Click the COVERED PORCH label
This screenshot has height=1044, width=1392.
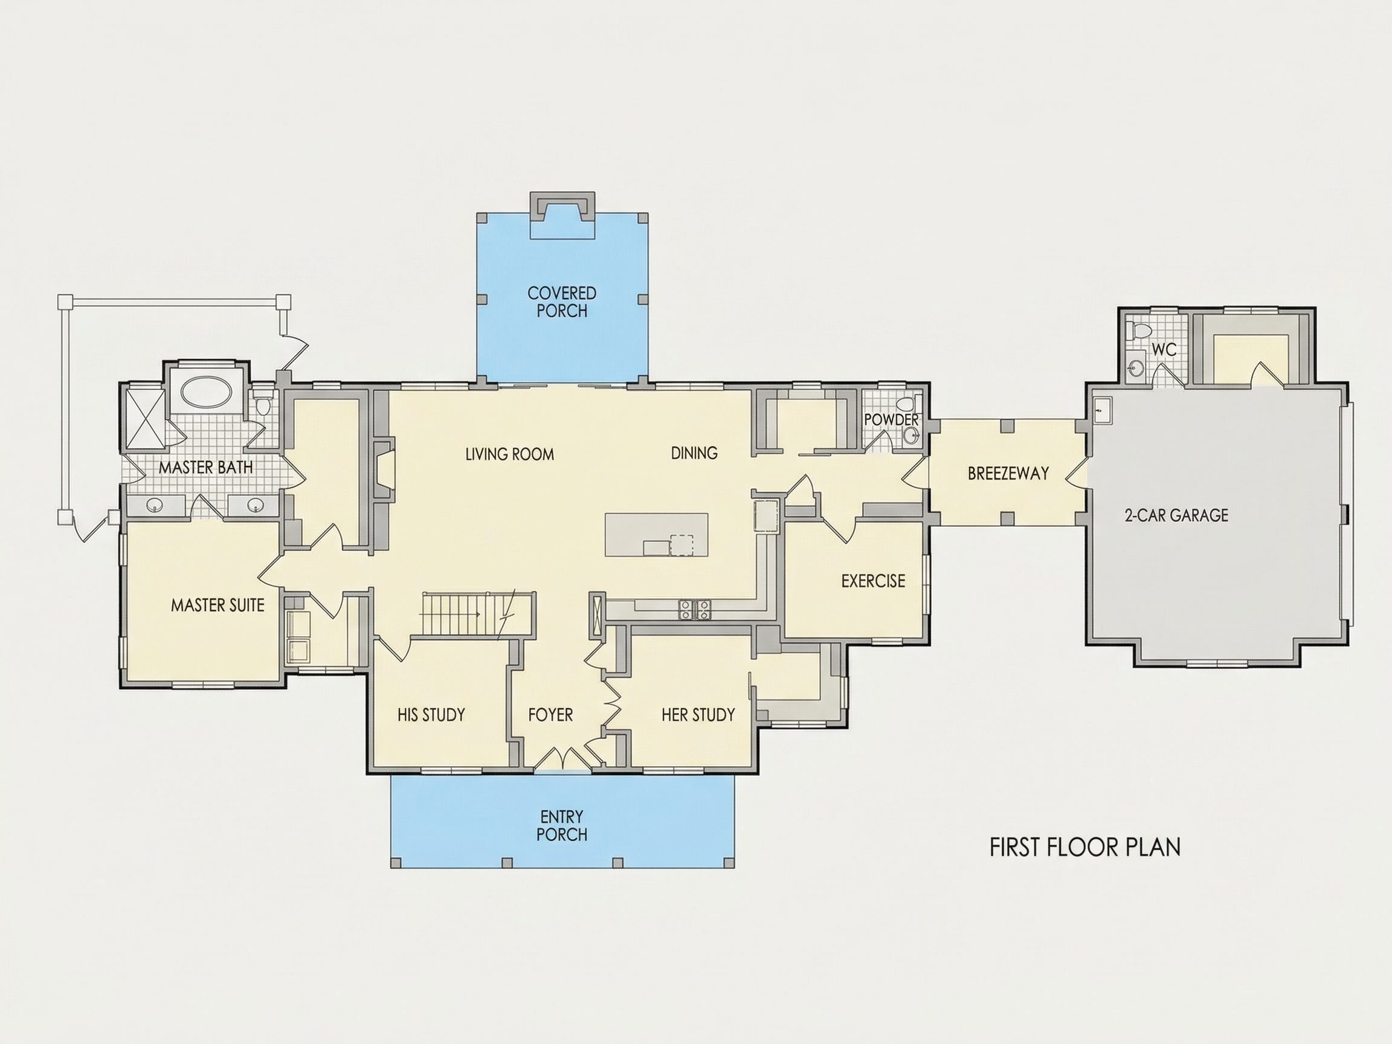point(562,302)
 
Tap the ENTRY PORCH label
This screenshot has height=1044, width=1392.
point(561,825)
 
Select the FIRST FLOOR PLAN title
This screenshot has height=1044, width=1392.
point(1085,847)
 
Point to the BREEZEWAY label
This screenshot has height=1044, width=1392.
point(1008,473)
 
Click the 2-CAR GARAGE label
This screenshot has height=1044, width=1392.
point(1176,515)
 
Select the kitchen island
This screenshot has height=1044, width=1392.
point(656,534)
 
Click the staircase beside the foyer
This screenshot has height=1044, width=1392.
point(478,615)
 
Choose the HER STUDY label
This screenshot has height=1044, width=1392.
point(698,715)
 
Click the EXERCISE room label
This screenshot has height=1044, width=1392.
point(874,581)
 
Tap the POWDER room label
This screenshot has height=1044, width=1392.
point(891,419)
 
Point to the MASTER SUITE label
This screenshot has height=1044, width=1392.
point(217,605)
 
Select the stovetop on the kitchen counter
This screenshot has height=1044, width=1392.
point(695,609)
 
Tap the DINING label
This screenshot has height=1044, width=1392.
point(694,453)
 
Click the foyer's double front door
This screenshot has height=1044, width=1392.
point(562,758)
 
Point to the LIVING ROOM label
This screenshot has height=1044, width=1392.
point(510,454)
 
